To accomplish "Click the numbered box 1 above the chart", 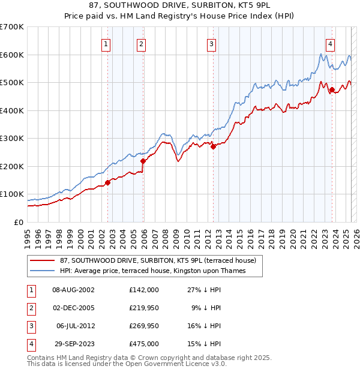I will [106, 43].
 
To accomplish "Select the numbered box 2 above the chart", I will [141, 43].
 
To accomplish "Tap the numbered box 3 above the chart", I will [212, 43].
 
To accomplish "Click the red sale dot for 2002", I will [108, 182].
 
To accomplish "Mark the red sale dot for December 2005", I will [143, 161].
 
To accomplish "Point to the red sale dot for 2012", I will [213, 146].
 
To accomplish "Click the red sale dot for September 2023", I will [332, 90].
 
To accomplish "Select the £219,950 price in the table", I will [143, 308].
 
